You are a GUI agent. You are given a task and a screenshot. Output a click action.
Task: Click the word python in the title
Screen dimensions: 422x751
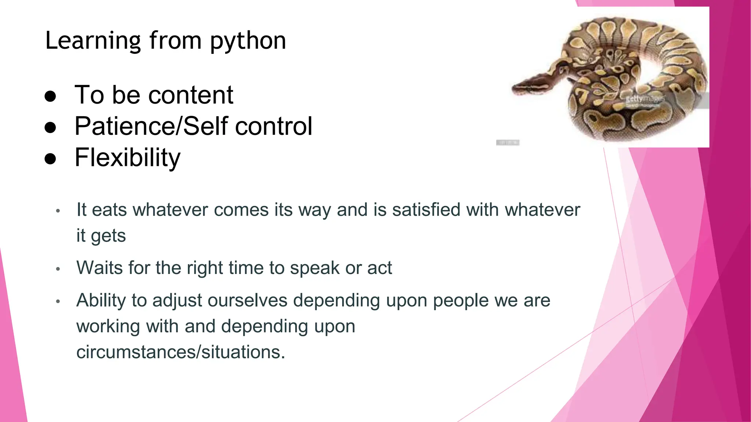(x=248, y=41)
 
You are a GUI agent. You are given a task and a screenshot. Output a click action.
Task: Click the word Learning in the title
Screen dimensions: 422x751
(x=93, y=41)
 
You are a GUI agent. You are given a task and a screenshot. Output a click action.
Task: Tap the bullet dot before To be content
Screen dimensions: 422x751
(x=50, y=96)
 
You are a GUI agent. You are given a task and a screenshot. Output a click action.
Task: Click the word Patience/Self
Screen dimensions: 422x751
(x=151, y=126)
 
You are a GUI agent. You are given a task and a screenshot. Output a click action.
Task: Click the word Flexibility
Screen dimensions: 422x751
(x=127, y=158)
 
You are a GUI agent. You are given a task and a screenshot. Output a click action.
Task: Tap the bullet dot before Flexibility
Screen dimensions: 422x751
(x=50, y=159)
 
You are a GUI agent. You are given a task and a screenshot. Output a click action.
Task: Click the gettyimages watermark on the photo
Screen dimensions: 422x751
(x=644, y=99)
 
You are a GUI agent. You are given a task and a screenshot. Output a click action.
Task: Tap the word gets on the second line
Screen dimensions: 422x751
(x=108, y=236)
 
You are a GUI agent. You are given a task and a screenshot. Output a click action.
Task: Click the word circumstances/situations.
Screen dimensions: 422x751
(x=180, y=352)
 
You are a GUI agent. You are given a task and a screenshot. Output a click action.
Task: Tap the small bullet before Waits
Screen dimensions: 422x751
(x=58, y=269)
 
